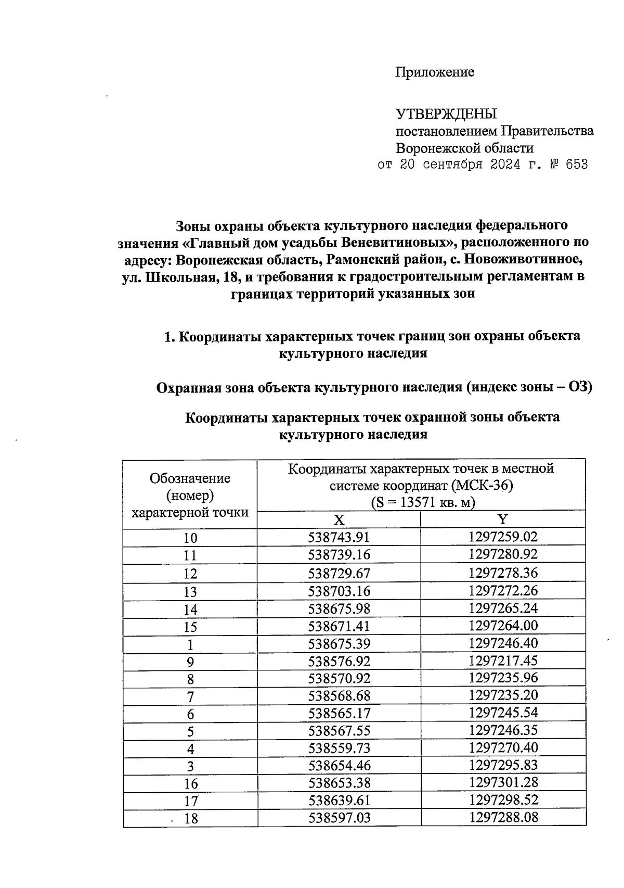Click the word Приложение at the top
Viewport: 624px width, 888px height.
click(x=435, y=72)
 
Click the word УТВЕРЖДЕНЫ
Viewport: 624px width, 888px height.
click(x=447, y=113)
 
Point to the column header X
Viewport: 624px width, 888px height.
click(x=339, y=520)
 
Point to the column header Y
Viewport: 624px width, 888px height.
click(x=503, y=519)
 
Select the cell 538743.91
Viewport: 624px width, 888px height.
click(x=339, y=537)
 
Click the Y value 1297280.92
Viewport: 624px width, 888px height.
click(x=503, y=554)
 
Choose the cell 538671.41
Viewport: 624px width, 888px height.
click(x=339, y=626)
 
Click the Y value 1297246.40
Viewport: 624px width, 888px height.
click(x=503, y=643)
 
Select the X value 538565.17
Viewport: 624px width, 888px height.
click(x=339, y=713)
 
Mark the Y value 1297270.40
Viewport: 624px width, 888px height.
click(x=503, y=748)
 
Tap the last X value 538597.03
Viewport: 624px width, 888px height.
click(x=339, y=818)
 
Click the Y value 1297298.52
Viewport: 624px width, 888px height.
click(x=503, y=800)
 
